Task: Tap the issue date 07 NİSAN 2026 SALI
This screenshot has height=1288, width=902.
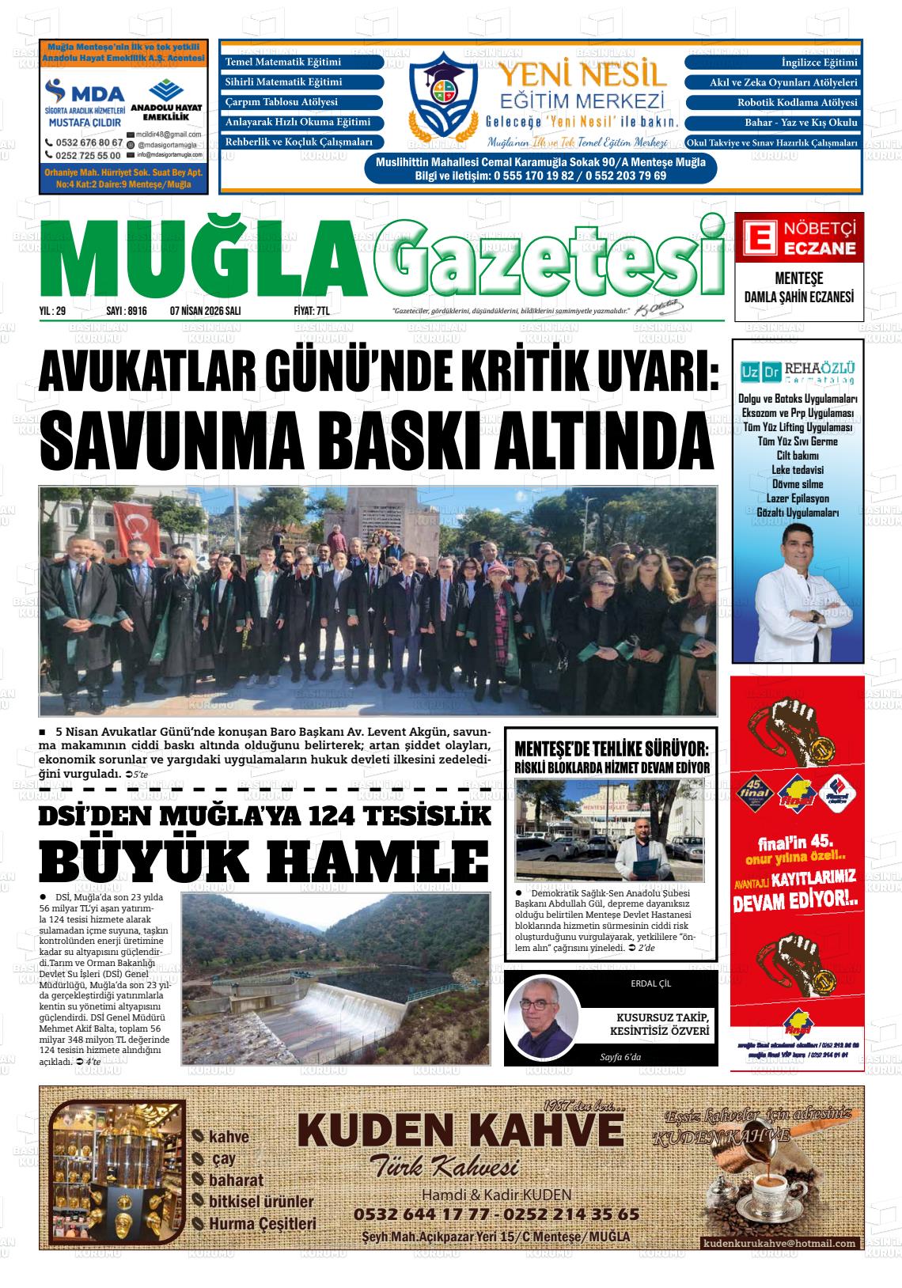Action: [205, 312]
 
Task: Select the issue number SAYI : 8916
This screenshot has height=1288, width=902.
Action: [127, 312]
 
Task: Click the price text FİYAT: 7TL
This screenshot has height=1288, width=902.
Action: [311, 312]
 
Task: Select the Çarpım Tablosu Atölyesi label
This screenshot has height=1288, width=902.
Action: [282, 103]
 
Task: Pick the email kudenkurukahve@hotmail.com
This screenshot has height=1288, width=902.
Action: [779, 1243]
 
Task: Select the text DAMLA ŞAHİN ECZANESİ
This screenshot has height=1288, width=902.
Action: [798, 297]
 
